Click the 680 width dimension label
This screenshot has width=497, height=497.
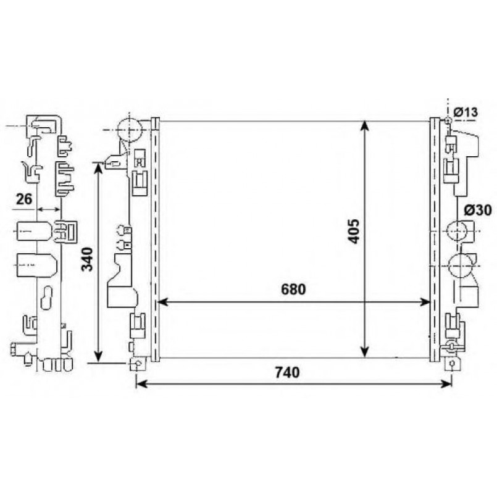293,289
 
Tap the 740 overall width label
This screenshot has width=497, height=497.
287,372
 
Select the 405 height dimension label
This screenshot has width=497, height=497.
354,231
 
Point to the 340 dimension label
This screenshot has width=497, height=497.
87,259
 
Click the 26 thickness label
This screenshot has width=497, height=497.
24,199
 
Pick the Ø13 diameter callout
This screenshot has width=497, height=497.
466,112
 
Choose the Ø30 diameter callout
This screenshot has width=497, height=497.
478,210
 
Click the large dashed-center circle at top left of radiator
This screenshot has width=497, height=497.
129,130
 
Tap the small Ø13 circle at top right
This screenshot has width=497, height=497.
448,120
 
